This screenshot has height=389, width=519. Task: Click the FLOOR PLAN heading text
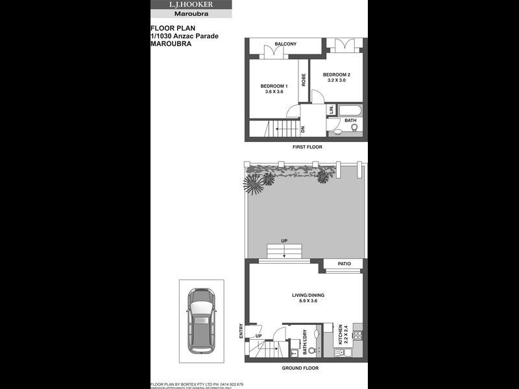[x=168, y=29]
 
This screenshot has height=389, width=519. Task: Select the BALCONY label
[x=285, y=44]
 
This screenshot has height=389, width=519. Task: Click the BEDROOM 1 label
[x=273, y=86]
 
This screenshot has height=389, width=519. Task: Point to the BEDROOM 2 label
[x=336, y=75]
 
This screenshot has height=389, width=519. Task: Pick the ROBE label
[x=304, y=79]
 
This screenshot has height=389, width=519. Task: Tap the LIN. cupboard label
[x=331, y=110]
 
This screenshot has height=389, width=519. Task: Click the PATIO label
[x=344, y=264]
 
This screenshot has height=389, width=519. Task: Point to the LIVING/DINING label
[x=308, y=296]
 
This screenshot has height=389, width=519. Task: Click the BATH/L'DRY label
[x=304, y=342]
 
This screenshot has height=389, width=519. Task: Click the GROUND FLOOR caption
[x=300, y=368]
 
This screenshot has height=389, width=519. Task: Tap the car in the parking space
[x=201, y=322]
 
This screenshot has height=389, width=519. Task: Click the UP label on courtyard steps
[x=284, y=241]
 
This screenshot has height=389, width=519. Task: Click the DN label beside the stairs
[x=303, y=129]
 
